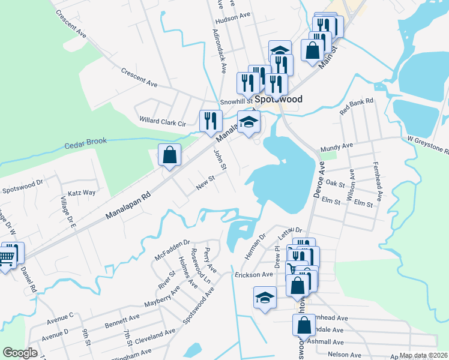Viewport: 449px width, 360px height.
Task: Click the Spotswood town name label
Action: click(277, 99)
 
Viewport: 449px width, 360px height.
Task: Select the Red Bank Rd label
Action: click(357, 107)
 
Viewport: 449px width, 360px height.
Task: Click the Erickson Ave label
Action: click(254, 274)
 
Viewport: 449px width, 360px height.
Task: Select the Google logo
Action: click(20, 353)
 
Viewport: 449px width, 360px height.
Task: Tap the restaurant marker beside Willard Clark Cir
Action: click(210, 121)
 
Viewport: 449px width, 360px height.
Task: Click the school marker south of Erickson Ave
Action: click(265, 297)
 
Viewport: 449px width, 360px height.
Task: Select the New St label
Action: click(205, 183)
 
